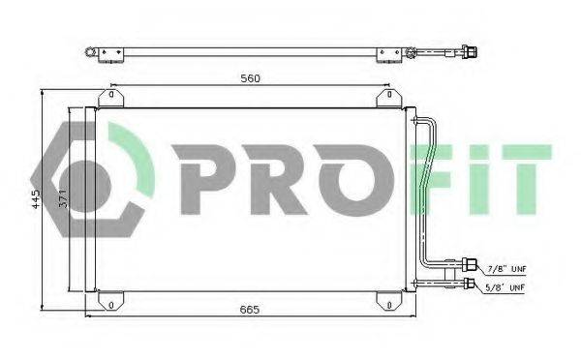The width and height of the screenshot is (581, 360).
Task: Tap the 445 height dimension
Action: [x=36, y=200]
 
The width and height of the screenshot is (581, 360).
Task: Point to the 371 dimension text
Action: [x=62, y=200]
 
